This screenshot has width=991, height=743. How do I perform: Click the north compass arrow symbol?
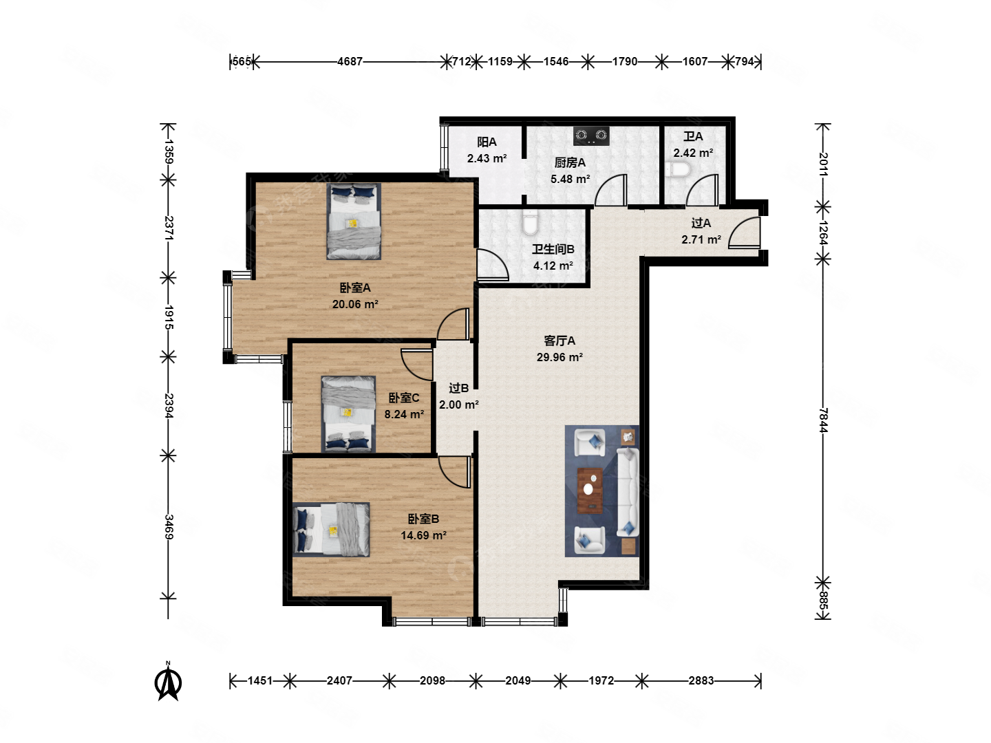click(x=167, y=681)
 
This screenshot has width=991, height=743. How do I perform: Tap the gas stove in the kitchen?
click(x=590, y=136)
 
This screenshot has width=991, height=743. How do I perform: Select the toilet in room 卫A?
click(x=680, y=170)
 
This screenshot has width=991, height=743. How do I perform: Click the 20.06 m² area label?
click(x=355, y=304)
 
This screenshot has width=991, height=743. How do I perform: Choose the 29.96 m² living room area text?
click(x=559, y=357)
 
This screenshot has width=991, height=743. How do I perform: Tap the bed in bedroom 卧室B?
click(x=331, y=529)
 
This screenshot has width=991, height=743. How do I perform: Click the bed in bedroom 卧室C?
click(x=348, y=413)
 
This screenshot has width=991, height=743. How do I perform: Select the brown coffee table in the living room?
click(x=590, y=491)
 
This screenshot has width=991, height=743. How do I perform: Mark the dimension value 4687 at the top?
click(x=350, y=61)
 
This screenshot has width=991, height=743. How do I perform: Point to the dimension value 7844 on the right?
click(x=823, y=420)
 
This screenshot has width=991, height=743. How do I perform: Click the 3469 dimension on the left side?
click(x=169, y=526)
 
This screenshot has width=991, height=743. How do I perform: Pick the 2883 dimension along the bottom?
click(x=701, y=680)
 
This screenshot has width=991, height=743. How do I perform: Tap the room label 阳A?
click(x=487, y=142)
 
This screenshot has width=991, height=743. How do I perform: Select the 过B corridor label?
click(x=458, y=388)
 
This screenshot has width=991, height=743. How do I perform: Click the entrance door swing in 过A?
click(x=743, y=233)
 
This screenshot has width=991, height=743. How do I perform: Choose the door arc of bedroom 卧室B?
click(x=454, y=472)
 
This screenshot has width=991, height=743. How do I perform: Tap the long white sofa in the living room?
click(x=628, y=492)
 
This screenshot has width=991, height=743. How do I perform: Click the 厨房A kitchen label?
click(x=570, y=162)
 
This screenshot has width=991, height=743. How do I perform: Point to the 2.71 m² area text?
click(x=701, y=239)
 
